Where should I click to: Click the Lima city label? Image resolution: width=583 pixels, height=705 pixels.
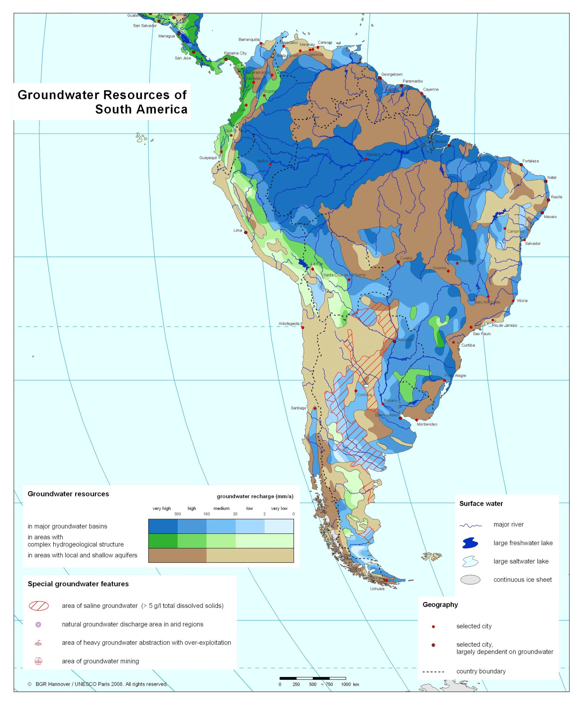tap(237, 230)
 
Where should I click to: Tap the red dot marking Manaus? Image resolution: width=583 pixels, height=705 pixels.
tap(366, 159)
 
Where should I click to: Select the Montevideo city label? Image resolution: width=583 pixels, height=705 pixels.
tap(427, 424)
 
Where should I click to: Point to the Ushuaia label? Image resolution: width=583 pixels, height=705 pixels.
tap(377, 588)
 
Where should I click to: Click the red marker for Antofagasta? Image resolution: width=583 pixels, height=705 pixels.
tap(302, 328)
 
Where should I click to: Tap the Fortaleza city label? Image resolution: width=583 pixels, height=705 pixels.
tap(530, 161)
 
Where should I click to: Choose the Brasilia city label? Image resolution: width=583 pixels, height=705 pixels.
tap(466, 261)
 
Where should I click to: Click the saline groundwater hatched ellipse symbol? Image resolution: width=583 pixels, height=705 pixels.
tap(39, 606)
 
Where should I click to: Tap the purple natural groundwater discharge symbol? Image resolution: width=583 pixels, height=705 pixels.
tap(38, 625)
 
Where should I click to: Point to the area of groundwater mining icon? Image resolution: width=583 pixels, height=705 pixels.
tap(38, 661)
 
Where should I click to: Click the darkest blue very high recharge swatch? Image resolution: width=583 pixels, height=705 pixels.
tap(163, 526)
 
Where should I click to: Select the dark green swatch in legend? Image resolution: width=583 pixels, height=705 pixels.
tap(163, 541)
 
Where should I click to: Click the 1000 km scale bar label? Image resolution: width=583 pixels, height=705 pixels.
tap(349, 684)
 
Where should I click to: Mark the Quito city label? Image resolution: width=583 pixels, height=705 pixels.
tap(230, 131)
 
